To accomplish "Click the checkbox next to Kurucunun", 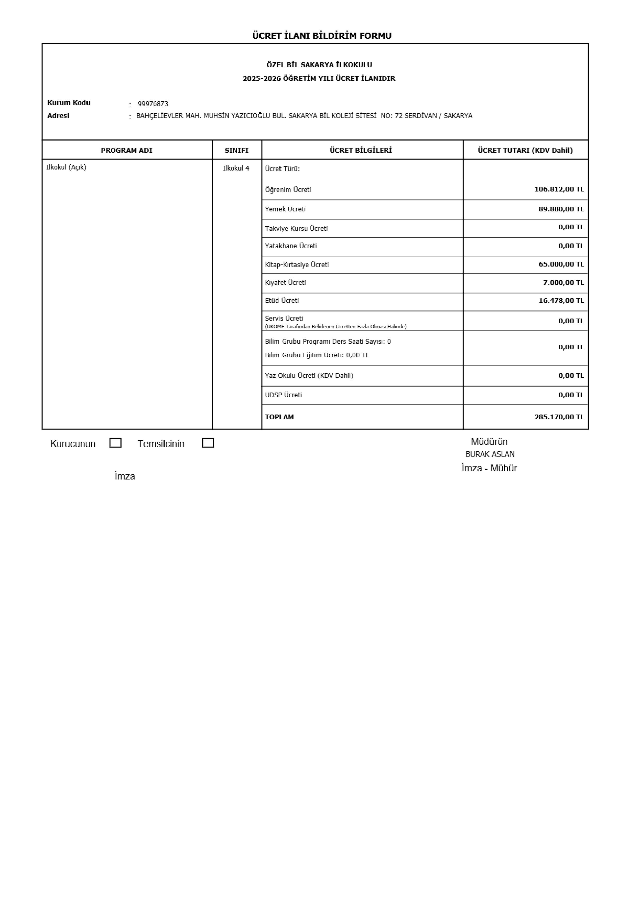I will click(115, 443).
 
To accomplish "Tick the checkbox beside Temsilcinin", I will click(208, 443).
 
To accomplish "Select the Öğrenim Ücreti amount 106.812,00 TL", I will click(559, 189).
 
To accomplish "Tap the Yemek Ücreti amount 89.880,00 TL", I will click(561, 209).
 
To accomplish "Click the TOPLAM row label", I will click(280, 417).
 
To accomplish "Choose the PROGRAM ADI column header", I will click(126, 150).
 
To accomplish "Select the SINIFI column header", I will click(236, 150).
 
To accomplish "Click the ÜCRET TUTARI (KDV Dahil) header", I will click(525, 150).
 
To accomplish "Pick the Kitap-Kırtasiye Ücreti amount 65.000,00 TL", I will click(561, 264).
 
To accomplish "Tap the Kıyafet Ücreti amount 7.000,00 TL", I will click(563, 282).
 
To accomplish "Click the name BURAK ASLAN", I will click(490, 454).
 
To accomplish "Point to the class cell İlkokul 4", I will click(236, 168).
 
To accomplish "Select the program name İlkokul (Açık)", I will click(66, 167).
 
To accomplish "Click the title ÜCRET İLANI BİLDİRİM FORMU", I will click(322, 36).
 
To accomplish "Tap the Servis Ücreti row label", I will click(284, 318).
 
